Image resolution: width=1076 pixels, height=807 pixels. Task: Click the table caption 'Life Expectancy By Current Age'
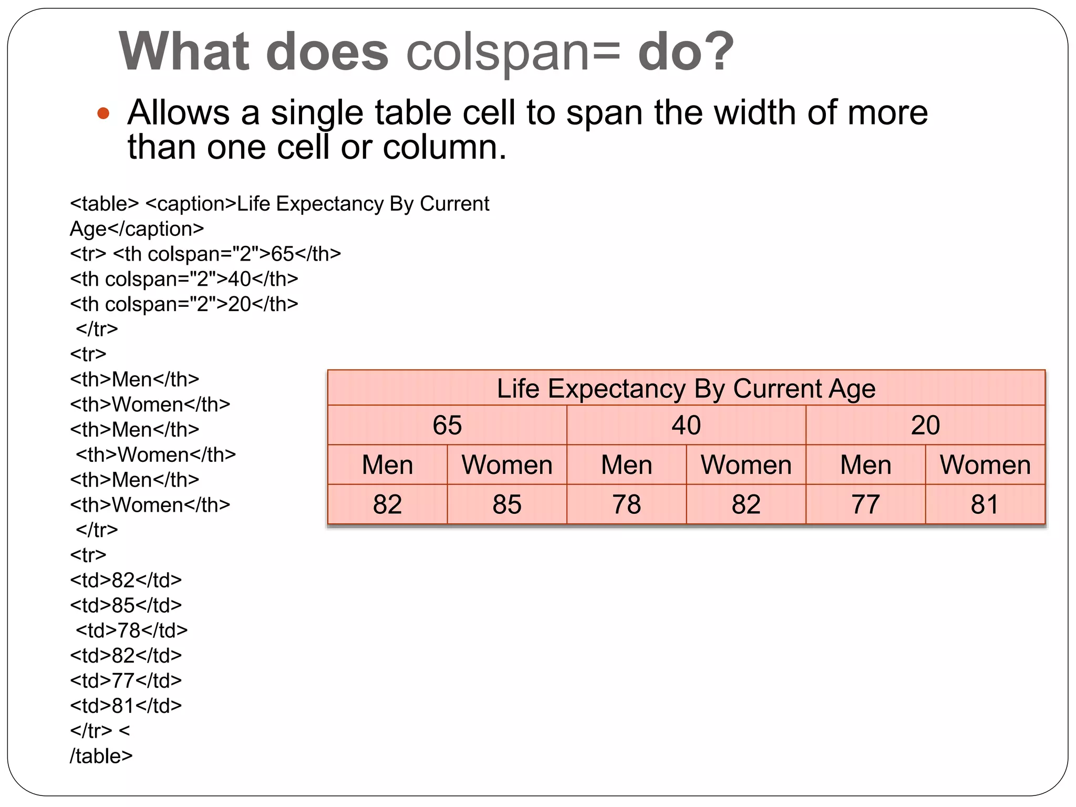coord(686,389)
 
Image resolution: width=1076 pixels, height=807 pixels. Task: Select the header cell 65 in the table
coord(447,425)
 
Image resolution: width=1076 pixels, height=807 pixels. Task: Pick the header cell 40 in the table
coord(686,425)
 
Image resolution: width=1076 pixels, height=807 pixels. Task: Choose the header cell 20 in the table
coord(925,425)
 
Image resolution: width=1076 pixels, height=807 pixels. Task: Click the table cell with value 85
coord(506,504)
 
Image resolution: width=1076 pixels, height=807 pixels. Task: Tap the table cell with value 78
coord(626,504)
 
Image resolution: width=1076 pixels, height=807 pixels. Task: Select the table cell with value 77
coord(865,504)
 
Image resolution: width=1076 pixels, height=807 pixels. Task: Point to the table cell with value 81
coord(985,504)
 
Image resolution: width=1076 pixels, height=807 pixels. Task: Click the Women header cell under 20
coord(985,465)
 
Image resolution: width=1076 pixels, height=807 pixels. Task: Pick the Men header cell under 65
coord(387,465)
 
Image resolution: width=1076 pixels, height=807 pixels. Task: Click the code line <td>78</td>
coord(131,630)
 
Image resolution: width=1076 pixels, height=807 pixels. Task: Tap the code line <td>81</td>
coord(126,706)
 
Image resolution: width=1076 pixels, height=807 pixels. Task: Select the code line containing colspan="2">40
coord(184,279)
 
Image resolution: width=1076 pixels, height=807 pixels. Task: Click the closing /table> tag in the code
coord(101,756)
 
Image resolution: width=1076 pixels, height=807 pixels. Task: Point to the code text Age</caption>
coord(137,229)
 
